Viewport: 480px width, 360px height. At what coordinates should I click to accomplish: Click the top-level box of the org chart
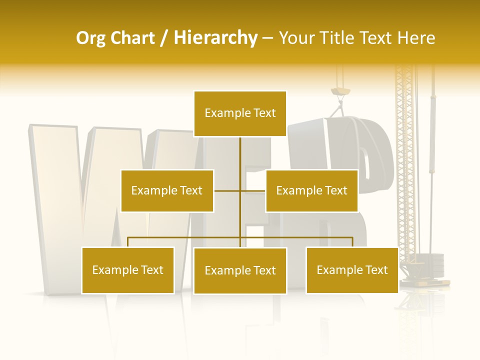(x=240, y=113)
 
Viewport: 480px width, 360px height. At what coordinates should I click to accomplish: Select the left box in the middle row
(x=167, y=190)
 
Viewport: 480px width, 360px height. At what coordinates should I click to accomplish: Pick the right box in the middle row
(x=311, y=190)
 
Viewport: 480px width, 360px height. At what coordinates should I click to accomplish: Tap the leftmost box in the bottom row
(x=128, y=270)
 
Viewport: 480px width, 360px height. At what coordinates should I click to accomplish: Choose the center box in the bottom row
(x=240, y=270)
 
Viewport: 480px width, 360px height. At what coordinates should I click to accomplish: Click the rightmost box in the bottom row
(x=352, y=270)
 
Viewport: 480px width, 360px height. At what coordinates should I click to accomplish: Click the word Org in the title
(x=90, y=38)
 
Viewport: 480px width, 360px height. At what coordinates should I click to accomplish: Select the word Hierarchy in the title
(x=215, y=38)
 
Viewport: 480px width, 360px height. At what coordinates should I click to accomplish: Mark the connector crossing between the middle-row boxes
(x=240, y=190)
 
